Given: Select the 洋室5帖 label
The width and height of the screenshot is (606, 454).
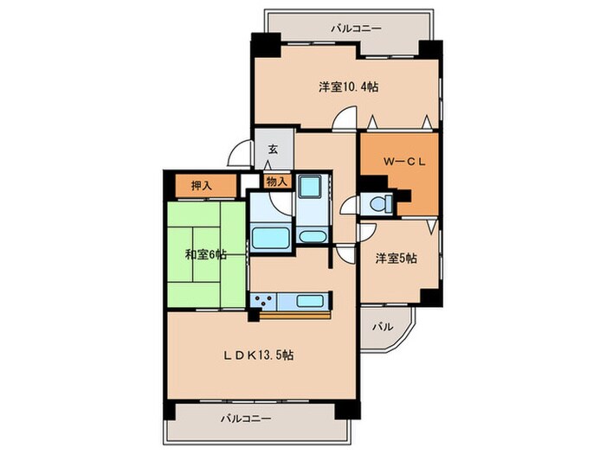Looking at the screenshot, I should (396, 258).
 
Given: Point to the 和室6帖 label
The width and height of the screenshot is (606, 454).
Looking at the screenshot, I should (205, 254).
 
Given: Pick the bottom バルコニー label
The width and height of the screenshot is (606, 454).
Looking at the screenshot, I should (245, 419).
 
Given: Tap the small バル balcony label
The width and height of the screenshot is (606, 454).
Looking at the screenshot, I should (383, 328).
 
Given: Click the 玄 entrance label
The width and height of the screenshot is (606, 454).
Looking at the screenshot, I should (273, 149).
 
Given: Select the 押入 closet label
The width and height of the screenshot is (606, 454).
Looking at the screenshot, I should (202, 184).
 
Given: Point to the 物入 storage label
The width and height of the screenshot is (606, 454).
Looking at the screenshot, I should (277, 182).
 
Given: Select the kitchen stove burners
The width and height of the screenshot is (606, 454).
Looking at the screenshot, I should (263, 301).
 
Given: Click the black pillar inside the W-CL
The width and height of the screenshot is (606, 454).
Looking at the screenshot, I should (374, 185).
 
